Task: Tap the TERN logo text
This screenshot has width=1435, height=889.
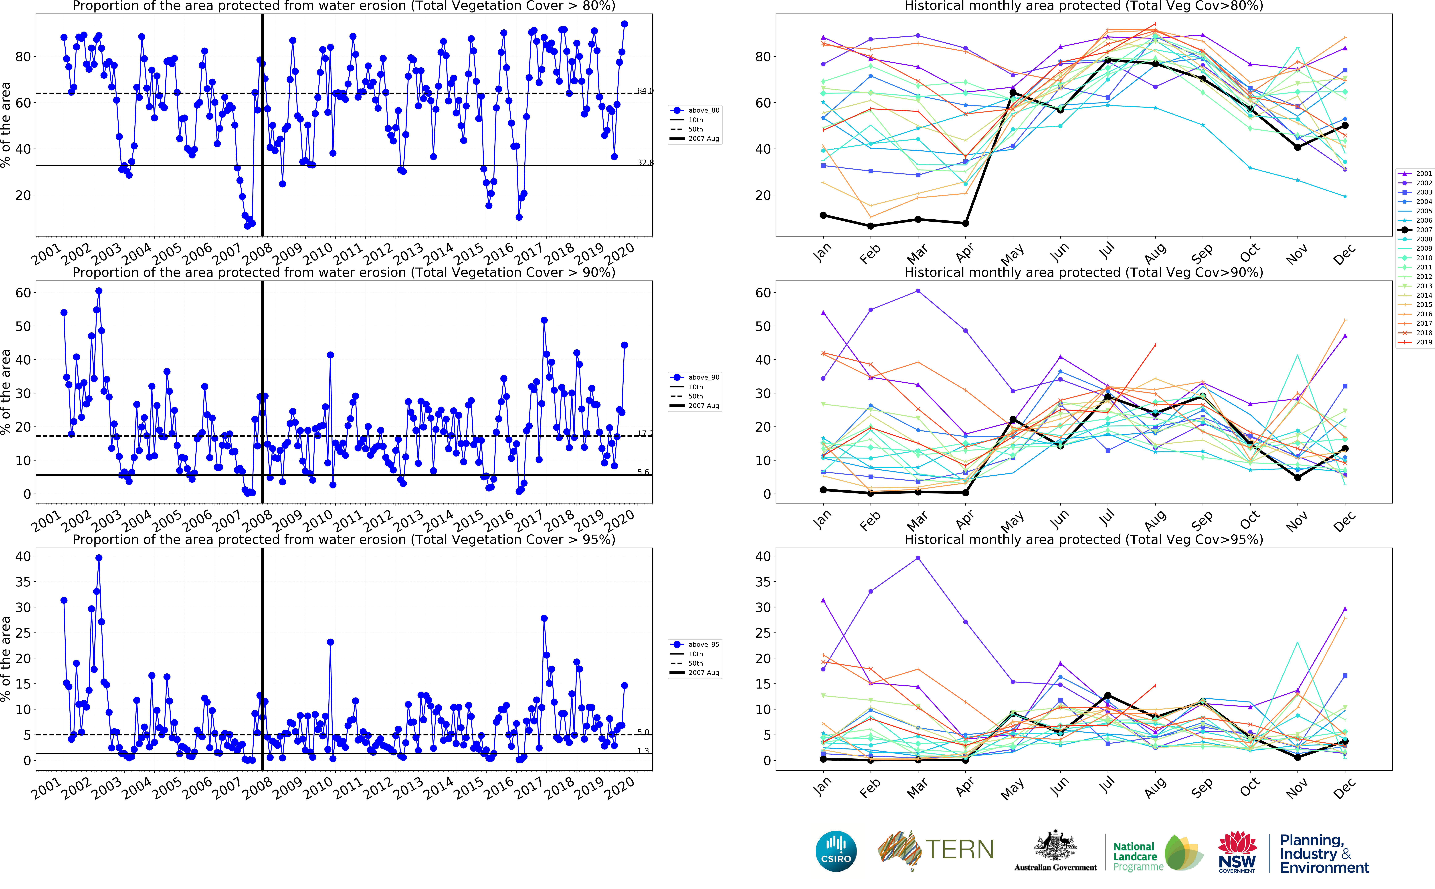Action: click(x=959, y=850)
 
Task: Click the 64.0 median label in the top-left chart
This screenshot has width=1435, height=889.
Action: click(x=645, y=91)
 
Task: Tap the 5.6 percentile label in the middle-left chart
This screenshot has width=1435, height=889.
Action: click(x=643, y=472)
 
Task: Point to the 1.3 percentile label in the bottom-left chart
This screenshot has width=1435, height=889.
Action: click(x=643, y=751)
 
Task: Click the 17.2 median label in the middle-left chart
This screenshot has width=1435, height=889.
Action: click(x=645, y=433)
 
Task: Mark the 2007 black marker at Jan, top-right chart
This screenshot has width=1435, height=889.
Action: click(x=823, y=215)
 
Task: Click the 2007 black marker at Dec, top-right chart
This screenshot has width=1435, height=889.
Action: click(x=1345, y=125)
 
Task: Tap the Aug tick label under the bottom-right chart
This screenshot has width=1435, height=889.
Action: click(x=1155, y=788)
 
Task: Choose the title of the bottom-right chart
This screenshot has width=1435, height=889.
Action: click(x=1083, y=539)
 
